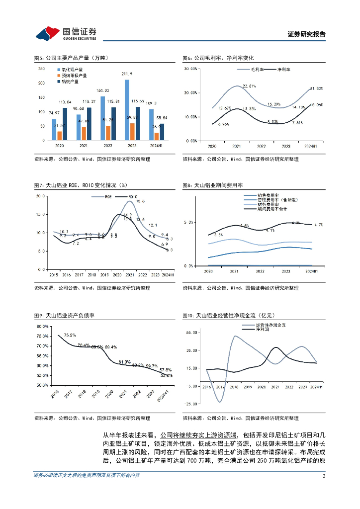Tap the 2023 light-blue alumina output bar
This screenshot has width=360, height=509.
[x=127, y=110]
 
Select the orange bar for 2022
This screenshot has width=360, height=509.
[x=108, y=133]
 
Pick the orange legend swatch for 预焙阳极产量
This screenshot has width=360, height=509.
[x=59, y=76]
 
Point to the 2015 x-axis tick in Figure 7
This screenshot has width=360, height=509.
[x=53, y=274]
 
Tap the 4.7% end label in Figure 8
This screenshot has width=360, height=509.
[x=319, y=225]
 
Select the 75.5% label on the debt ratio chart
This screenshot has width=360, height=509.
[x=70, y=335]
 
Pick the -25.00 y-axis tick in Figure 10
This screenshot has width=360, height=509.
[x=192, y=404]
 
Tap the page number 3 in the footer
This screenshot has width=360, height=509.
[x=324, y=476]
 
